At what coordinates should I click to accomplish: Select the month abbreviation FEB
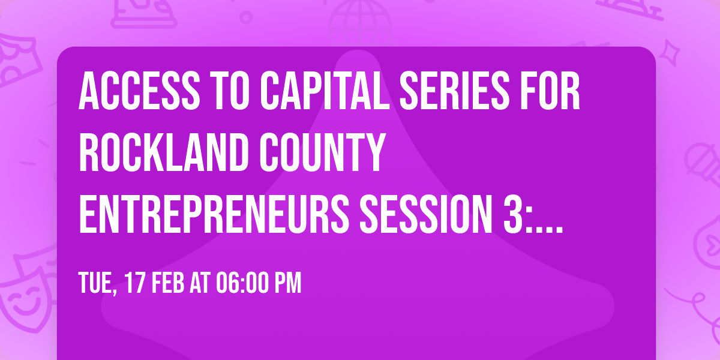point(170,283)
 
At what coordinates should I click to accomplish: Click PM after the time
point(286,283)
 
